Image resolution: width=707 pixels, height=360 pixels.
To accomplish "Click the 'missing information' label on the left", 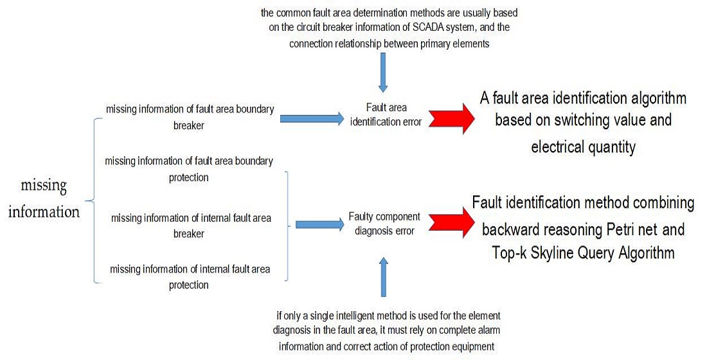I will click(44, 199).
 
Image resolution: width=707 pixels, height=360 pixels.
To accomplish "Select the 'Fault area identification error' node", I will click(386, 115).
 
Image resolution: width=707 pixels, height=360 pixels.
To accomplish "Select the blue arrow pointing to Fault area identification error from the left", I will click(312, 118).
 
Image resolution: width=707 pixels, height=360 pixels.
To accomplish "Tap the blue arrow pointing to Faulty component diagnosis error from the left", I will click(319, 225).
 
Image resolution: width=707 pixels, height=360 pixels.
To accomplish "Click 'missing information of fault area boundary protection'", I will click(189, 168).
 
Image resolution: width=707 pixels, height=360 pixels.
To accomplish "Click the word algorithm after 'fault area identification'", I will click(656, 98).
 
